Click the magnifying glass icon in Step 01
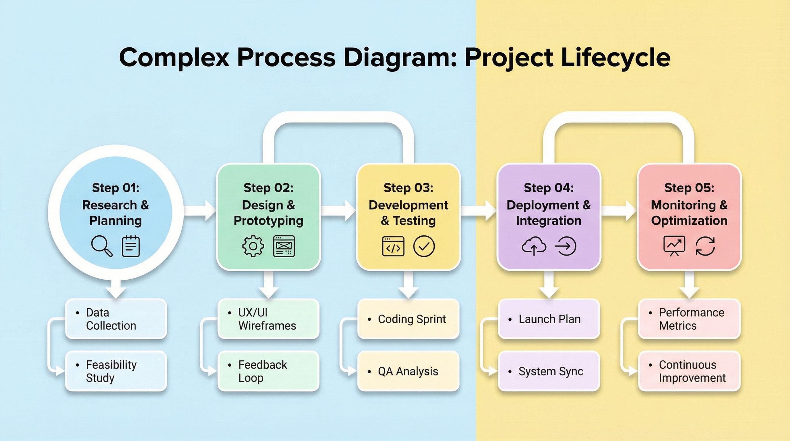click(x=102, y=246)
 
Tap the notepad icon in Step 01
click(x=131, y=246)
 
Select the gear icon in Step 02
click(x=253, y=246)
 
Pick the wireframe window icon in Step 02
click(x=284, y=246)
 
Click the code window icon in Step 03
click(x=393, y=246)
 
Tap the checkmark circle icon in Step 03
click(x=424, y=246)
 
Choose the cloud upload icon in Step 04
click(x=534, y=246)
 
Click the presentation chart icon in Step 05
click(x=674, y=246)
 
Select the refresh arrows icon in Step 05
click(x=705, y=246)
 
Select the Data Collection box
click(x=116, y=319)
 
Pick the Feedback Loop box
click(x=268, y=371)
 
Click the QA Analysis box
click(x=408, y=371)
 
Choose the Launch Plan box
click(x=549, y=319)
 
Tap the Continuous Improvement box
click(x=689, y=371)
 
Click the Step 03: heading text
click(x=408, y=188)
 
